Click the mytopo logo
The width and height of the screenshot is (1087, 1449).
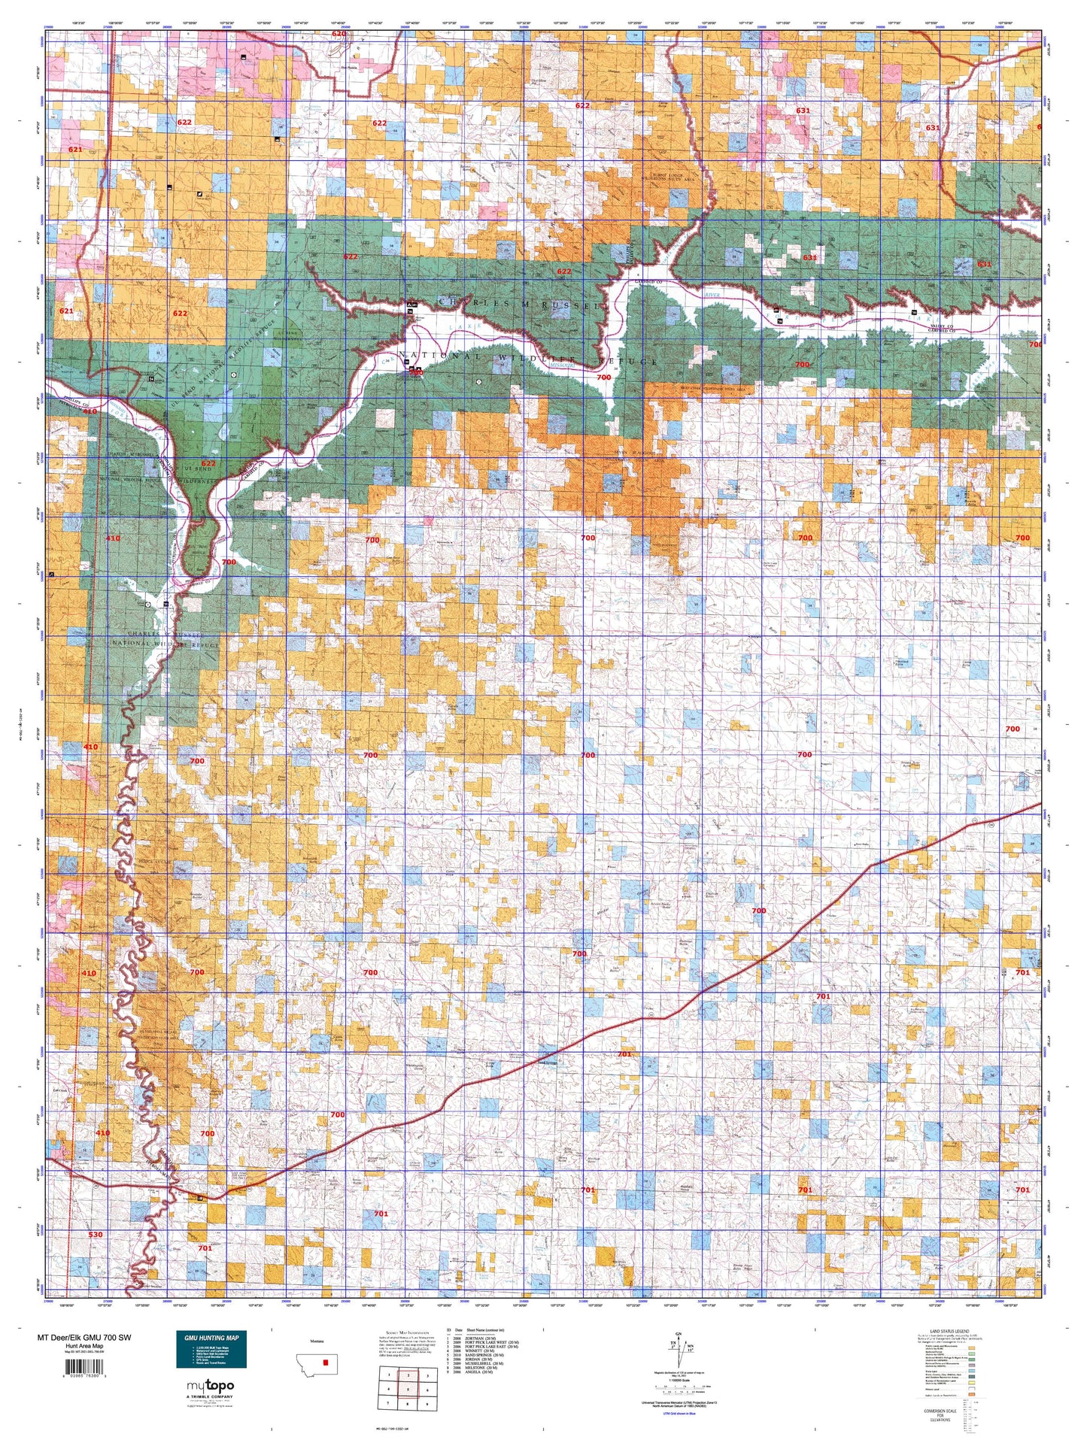pos(208,1386)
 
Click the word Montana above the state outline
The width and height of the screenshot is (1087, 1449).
pos(317,1341)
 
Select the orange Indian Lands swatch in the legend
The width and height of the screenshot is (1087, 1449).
pos(972,1394)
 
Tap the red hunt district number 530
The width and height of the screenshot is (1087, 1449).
pos(96,1235)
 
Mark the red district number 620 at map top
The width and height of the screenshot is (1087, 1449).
pos(339,35)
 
